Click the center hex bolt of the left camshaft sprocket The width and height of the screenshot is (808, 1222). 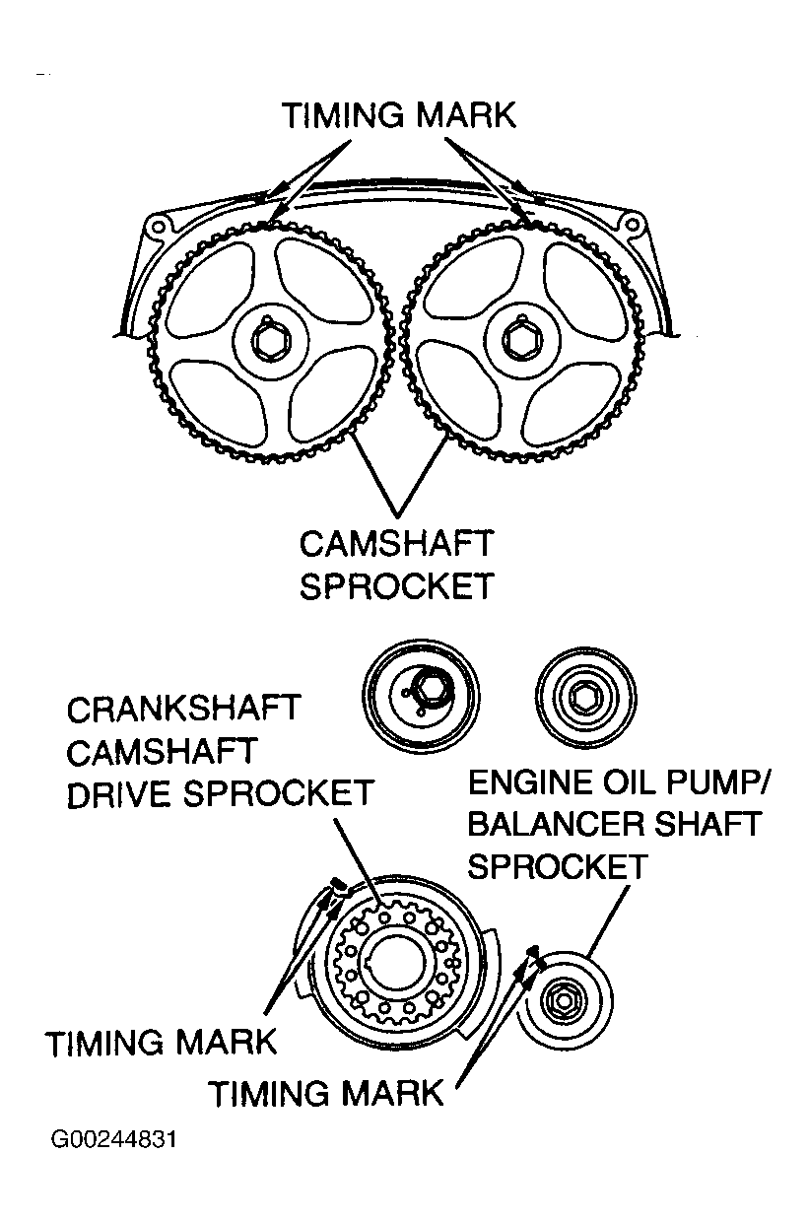coord(268,341)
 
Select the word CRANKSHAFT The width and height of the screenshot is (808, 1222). coord(183,710)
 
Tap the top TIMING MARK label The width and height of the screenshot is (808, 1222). coord(399,115)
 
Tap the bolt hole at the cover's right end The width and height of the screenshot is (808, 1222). coord(634,226)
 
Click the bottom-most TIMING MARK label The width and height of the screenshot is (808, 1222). coord(326,1092)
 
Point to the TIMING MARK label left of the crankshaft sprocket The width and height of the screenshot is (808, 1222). coord(162,1043)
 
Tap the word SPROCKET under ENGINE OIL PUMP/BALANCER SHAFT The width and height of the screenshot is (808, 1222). coord(558,866)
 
